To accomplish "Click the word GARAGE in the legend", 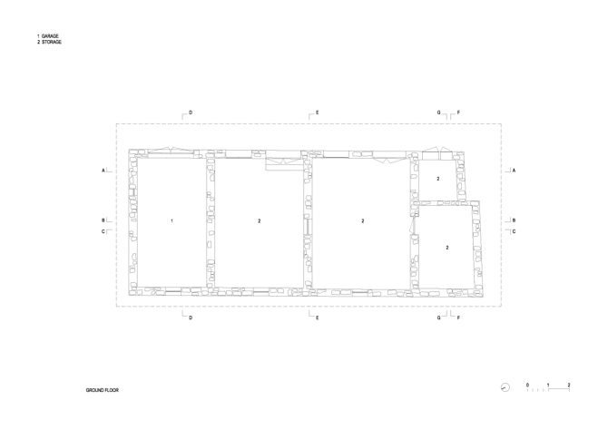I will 51,36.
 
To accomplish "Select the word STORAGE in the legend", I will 52,43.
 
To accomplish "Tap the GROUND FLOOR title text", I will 103,390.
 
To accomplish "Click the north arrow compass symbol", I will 505,387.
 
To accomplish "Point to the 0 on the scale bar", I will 527,386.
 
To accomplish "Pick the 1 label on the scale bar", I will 548,386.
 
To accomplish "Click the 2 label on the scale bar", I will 569,386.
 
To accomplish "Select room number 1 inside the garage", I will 172,221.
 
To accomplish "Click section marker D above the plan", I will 191,113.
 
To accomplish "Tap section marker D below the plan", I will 191,318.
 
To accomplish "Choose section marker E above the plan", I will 317,113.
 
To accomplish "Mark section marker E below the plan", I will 317,318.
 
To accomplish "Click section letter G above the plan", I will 439,113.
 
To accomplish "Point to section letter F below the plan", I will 459,318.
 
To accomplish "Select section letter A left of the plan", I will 104,170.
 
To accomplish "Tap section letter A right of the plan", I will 514,170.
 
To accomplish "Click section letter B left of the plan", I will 103,220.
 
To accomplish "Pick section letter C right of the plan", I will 514,231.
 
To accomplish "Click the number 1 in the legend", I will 38,36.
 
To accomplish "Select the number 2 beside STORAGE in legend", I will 38,43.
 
